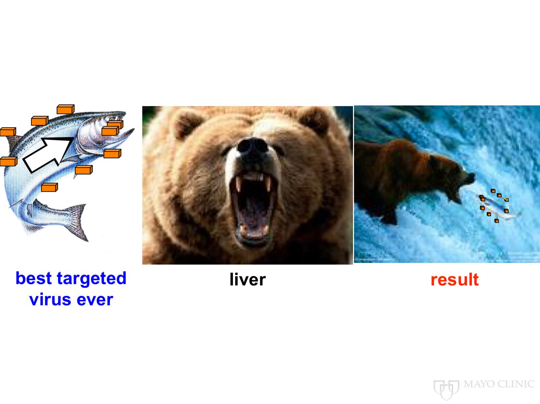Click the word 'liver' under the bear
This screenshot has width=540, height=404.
(x=247, y=279)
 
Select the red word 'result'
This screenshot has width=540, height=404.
(x=455, y=279)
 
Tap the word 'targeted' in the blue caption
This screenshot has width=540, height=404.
(x=91, y=279)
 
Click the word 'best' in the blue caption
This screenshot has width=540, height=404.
(x=34, y=278)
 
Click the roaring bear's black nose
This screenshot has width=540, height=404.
(x=252, y=146)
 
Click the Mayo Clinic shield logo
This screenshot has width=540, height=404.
(x=446, y=390)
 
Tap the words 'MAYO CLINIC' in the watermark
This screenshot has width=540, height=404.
(x=499, y=384)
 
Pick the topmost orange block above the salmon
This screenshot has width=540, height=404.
(x=65, y=109)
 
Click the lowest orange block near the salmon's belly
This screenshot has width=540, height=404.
(x=50, y=187)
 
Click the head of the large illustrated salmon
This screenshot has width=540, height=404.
(x=103, y=133)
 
